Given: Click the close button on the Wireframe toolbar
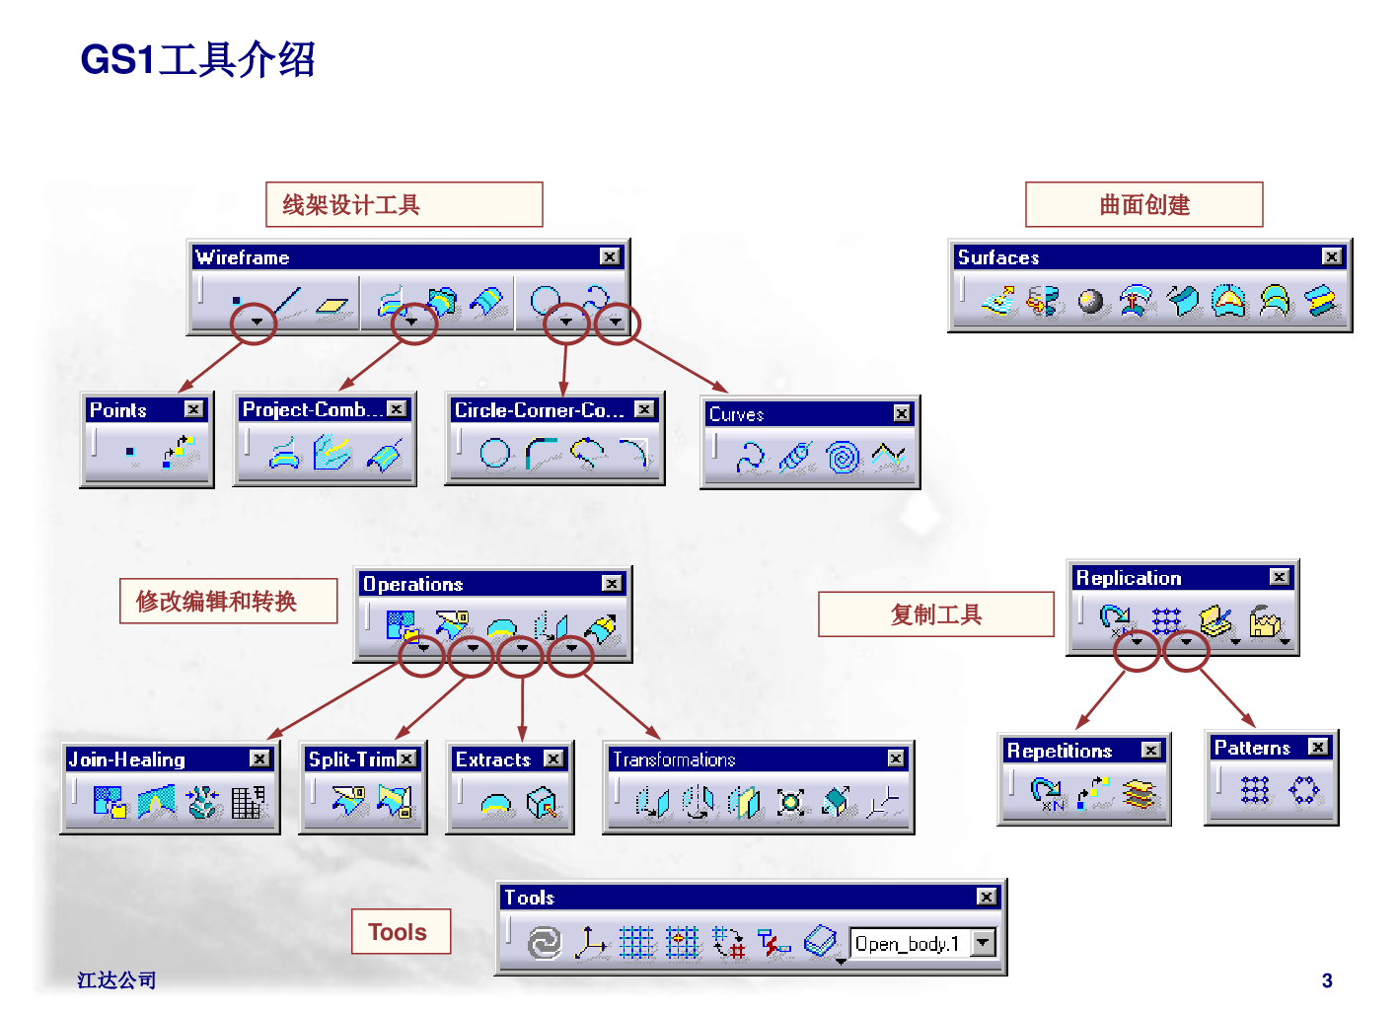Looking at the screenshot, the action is (x=610, y=256).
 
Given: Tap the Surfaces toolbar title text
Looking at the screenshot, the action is (x=998, y=257).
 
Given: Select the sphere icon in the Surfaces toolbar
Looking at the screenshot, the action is (x=1091, y=301).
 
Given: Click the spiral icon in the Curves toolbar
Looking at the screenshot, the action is (x=843, y=457).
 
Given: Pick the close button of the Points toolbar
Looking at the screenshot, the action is (x=193, y=408).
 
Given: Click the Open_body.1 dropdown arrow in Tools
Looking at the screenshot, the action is (x=983, y=942).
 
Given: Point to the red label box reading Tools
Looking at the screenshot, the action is (x=401, y=931).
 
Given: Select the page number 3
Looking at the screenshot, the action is (x=1327, y=980).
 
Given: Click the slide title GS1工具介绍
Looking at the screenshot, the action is (x=198, y=60).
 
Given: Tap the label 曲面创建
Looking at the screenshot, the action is (x=1144, y=205).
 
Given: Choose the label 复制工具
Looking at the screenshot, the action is (x=935, y=614).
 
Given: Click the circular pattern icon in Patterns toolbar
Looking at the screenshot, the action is (x=1303, y=790).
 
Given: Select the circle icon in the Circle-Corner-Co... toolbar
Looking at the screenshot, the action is (x=495, y=453).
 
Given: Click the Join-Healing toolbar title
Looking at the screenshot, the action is (x=127, y=758).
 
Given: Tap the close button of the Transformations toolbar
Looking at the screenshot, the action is (x=896, y=758).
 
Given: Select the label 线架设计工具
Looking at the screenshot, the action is (x=351, y=205).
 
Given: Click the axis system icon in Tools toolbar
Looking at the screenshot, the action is (x=590, y=942).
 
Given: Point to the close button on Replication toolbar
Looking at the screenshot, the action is (x=1279, y=577).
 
